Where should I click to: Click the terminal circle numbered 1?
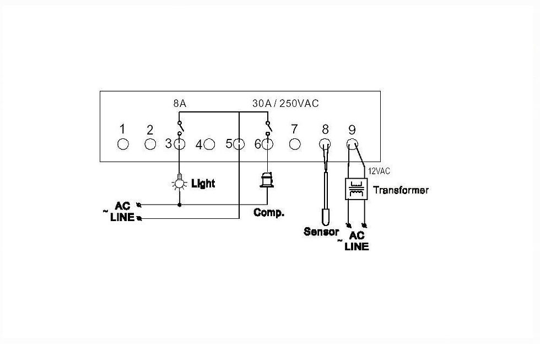point(123,144)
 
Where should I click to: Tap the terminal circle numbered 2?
point(150,144)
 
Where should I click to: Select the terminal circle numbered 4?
point(209,144)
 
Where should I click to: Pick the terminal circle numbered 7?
point(294,144)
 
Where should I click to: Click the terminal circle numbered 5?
point(239,144)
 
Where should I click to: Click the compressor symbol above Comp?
point(267,180)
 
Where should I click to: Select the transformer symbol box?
point(357,189)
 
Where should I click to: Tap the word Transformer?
point(401,190)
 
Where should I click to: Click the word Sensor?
point(321,232)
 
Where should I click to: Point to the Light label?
point(203,183)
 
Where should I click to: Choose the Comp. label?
point(269,213)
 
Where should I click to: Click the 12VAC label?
point(379,171)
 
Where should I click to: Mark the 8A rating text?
point(180,103)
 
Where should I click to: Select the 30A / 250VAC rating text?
point(285,103)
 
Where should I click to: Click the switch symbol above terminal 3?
point(180,128)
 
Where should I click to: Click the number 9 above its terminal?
point(352,130)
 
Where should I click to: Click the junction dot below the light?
point(180,205)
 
